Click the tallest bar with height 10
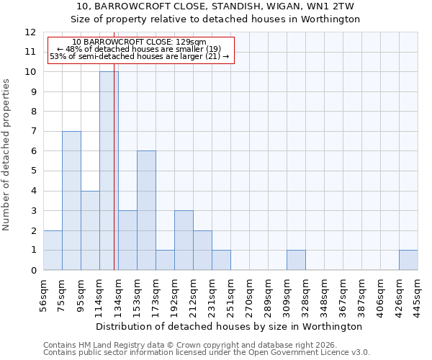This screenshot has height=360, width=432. click(109, 171)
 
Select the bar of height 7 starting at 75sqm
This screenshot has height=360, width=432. click(71, 201)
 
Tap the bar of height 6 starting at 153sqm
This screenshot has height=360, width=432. click(146, 210)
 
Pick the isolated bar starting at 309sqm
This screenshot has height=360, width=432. click(296, 260)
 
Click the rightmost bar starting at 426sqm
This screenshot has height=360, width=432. click(408, 260)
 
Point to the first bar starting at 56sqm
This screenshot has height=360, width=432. click(53, 251)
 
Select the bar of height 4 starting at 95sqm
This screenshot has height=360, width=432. click(90, 230)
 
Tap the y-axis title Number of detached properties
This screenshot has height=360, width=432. click(7, 155)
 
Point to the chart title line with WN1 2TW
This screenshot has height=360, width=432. click(216, 6)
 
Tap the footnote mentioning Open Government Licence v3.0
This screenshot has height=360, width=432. click(207, 353)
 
